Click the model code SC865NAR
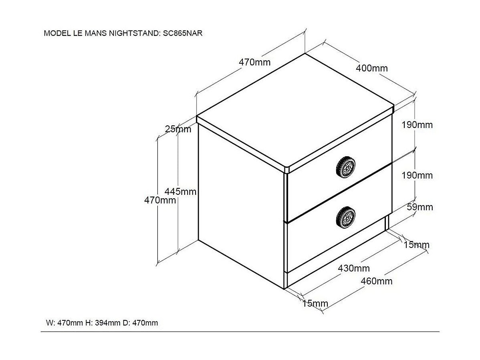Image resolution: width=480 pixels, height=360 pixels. click(x=182, y=33)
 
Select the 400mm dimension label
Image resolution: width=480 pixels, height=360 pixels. click(x=372, y=68)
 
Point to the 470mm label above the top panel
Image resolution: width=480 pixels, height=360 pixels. click(x=254, y=62)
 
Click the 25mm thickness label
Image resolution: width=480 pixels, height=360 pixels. click(x=178, y=129)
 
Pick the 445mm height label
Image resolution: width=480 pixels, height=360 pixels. click(x=181, y=191)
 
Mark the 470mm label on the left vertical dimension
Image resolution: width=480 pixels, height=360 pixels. click(x=160, y=200)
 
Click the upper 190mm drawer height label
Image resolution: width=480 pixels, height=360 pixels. click(x=417, y=125)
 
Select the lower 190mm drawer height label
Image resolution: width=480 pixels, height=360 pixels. click(x=417, y=175)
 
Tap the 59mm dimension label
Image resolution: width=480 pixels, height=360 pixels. click(x=420, y=207)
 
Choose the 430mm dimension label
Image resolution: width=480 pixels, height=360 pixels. click(x=354, y=268)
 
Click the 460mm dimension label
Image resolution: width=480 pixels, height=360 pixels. click(x=376, y=281)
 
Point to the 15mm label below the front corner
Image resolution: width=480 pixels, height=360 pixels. click(x=315, y=304)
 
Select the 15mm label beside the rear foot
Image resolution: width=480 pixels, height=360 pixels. click(x=416, y=245)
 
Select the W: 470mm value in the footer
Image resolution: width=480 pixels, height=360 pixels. click(x=64, y=323)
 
